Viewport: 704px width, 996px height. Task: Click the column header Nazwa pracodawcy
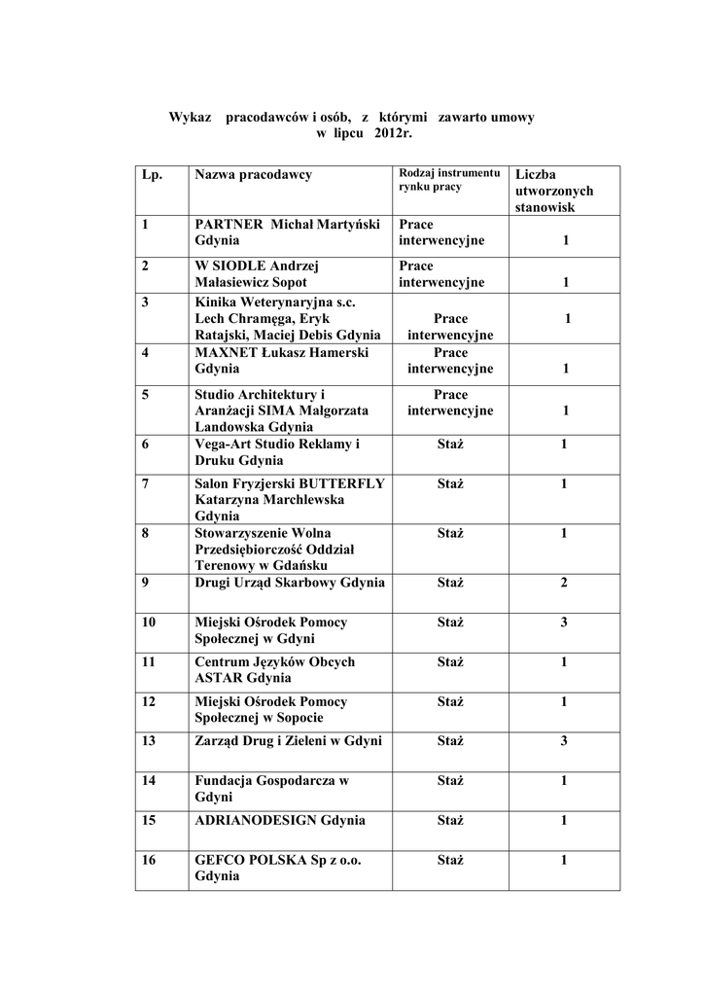253,175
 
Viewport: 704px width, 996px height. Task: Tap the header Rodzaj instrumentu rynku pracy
448,180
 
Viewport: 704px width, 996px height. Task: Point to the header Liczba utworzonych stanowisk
554,191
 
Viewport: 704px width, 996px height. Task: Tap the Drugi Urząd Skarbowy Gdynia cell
290,583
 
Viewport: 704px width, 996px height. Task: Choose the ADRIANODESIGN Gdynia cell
280,821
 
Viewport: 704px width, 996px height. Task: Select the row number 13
149,741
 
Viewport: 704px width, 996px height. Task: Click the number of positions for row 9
564,583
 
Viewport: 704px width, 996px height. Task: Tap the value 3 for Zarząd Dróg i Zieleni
564,741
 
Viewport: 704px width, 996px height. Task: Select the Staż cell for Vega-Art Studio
450,445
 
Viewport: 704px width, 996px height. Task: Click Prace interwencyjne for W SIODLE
440,274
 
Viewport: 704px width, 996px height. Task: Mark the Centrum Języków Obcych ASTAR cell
275,669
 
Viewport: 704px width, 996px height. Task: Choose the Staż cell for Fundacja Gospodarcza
450,781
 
